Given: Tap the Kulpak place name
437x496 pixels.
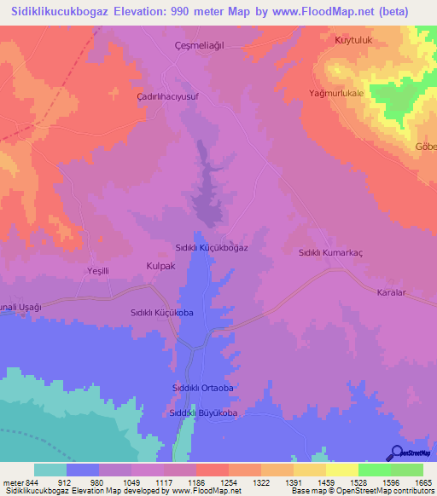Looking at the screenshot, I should click(160, 266).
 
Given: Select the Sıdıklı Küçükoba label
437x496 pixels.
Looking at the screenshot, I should click(162, 313).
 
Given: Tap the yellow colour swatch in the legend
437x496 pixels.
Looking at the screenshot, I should click(341, 470).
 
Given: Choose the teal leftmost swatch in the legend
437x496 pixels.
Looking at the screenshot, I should click(50, 470).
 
